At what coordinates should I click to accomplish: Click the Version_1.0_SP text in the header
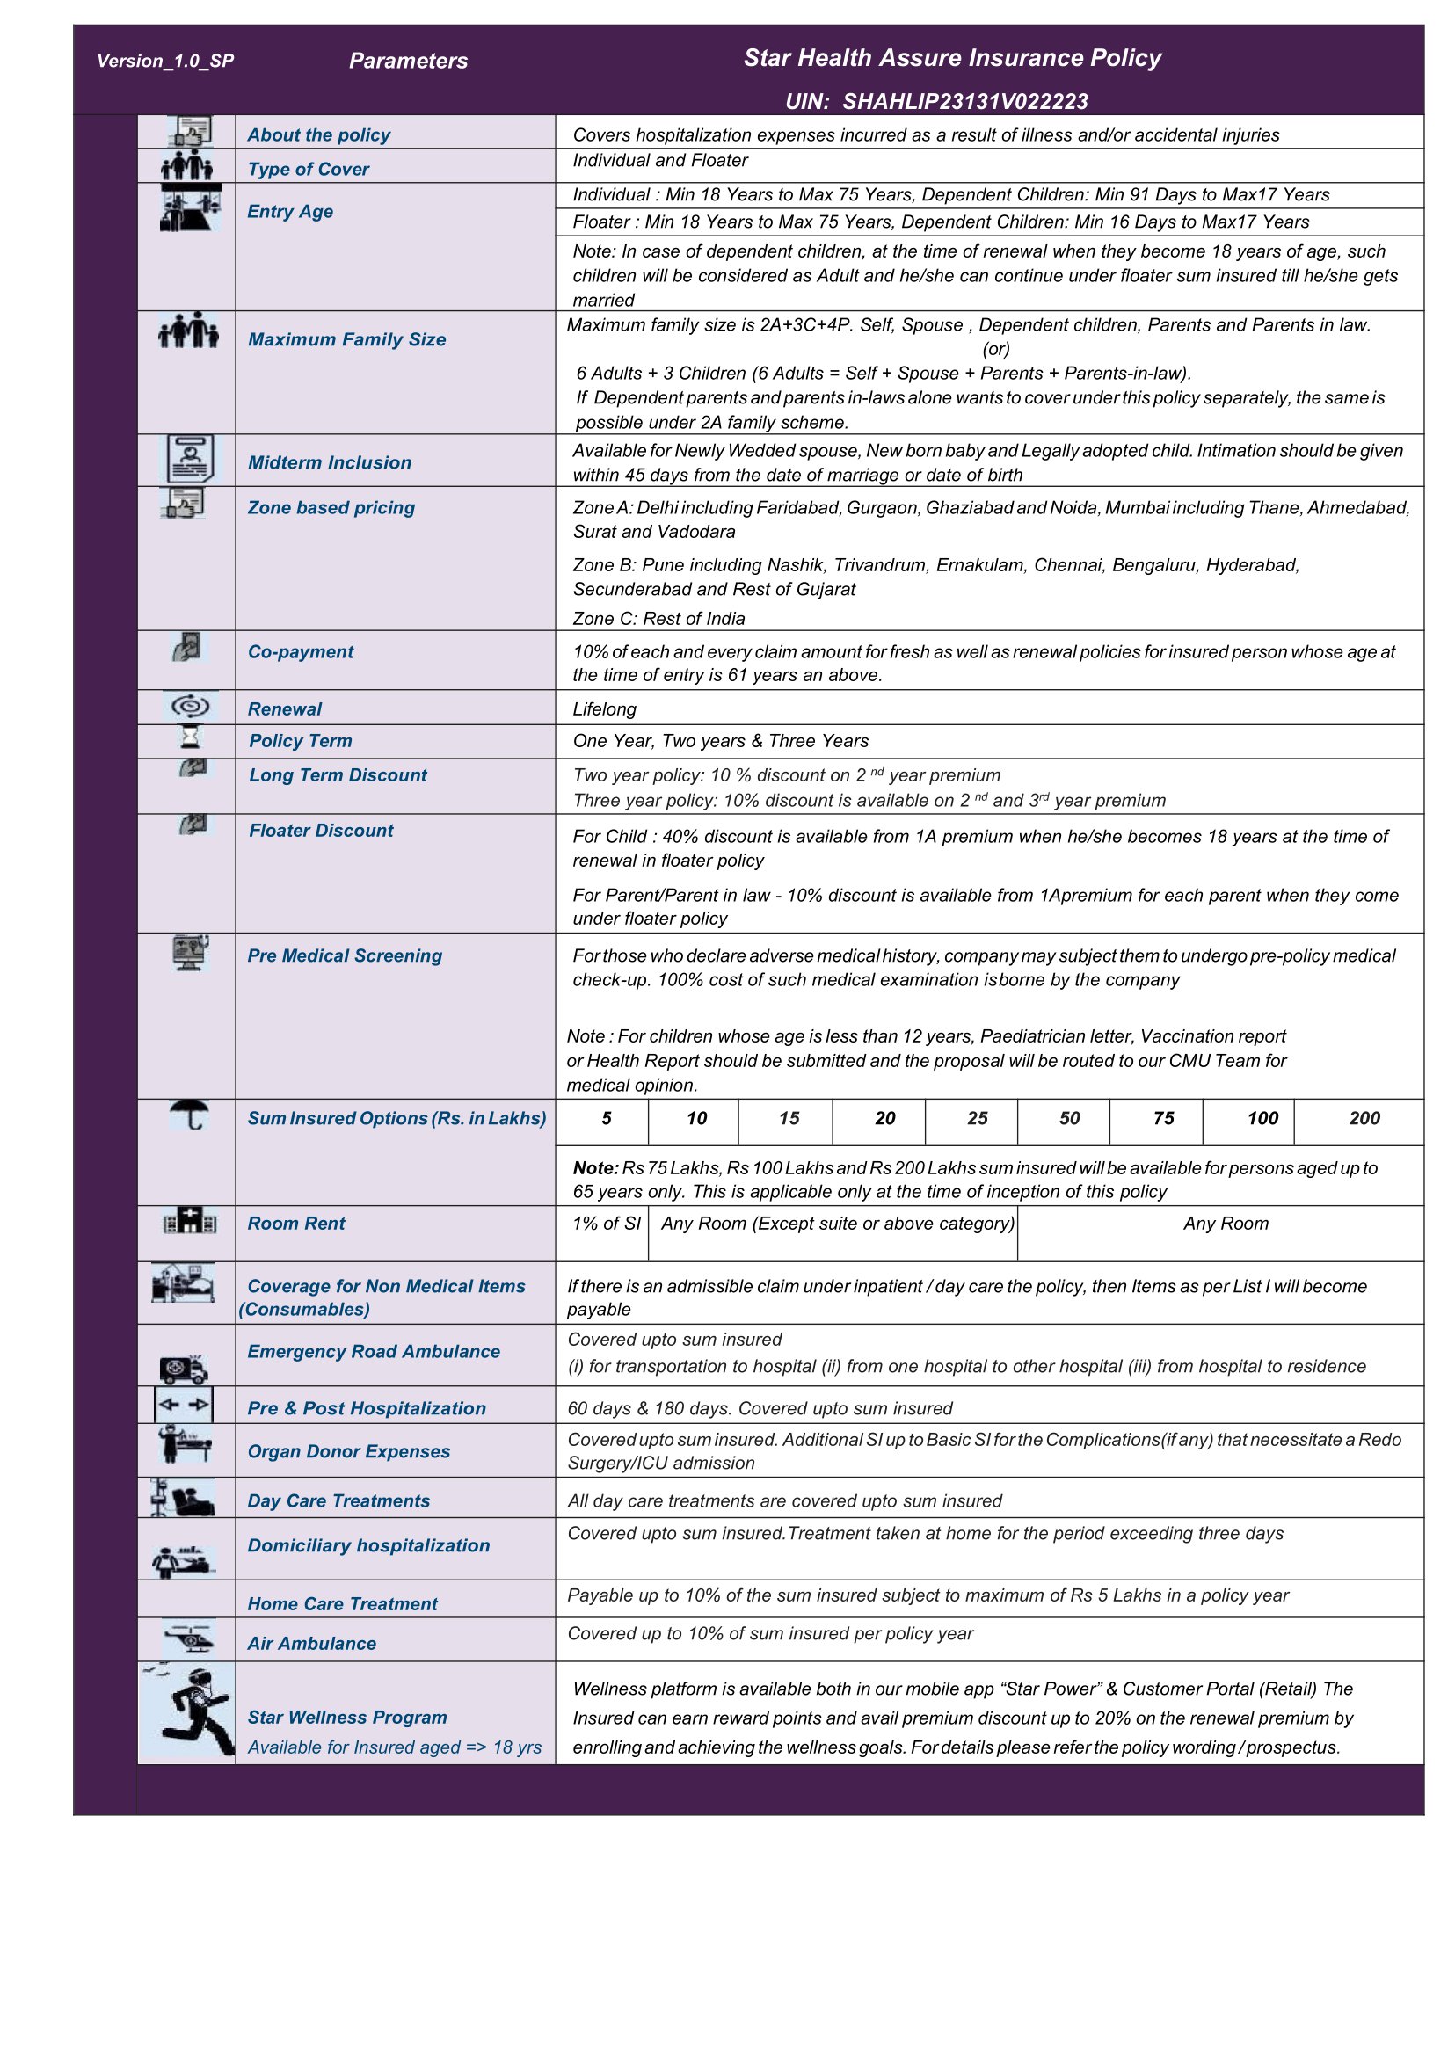pyautogui.click(x=165, y=61)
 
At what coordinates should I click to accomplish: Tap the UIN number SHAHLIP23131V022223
pyautogui.click(x=965, y=101)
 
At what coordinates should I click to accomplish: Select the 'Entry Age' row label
pyautogui.click(x=290, y=212)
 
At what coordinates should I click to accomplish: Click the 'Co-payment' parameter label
pyautogui.click(x=300, y=652)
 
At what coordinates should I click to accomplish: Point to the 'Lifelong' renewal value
pyautogui.click(x=605, y=709)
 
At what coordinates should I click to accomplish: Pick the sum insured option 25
pyautogui.click(x=978, y=1118)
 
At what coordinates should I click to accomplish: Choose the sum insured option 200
pyautogui.click(x=1364, y=1118)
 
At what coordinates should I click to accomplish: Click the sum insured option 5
pyautogui.click(x=607, y=1118)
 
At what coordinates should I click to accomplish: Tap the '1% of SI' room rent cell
pyautogui.click(x=607, y=1224)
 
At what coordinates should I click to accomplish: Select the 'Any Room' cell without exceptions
pyautogui.click(x=1226, y=1224)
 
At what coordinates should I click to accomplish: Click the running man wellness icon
pyautogui.click(x=188, y=1712)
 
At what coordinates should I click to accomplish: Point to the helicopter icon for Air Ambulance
pyautogui.click(x=189, y=1638)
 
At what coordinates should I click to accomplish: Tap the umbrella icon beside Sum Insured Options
pyautogui.click(x=190, y=1115)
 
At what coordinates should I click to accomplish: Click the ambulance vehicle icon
pyautogui.click(x=184, y=1369)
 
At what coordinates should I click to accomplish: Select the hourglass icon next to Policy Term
pyautogui.click(x=190, y=737)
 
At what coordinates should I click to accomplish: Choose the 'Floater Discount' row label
pyautogui.click(x=321, y=831)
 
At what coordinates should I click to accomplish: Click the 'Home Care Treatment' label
pyautogui.click(x=342, y=1603)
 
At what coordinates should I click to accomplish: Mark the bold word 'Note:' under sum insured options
pyautogui.click(x=596, y=1168)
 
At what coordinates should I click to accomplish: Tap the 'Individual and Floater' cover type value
pyautogui.click(x=660, y=160)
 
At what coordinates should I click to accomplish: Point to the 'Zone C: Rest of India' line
pyautogui.click(x=658, y=619)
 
